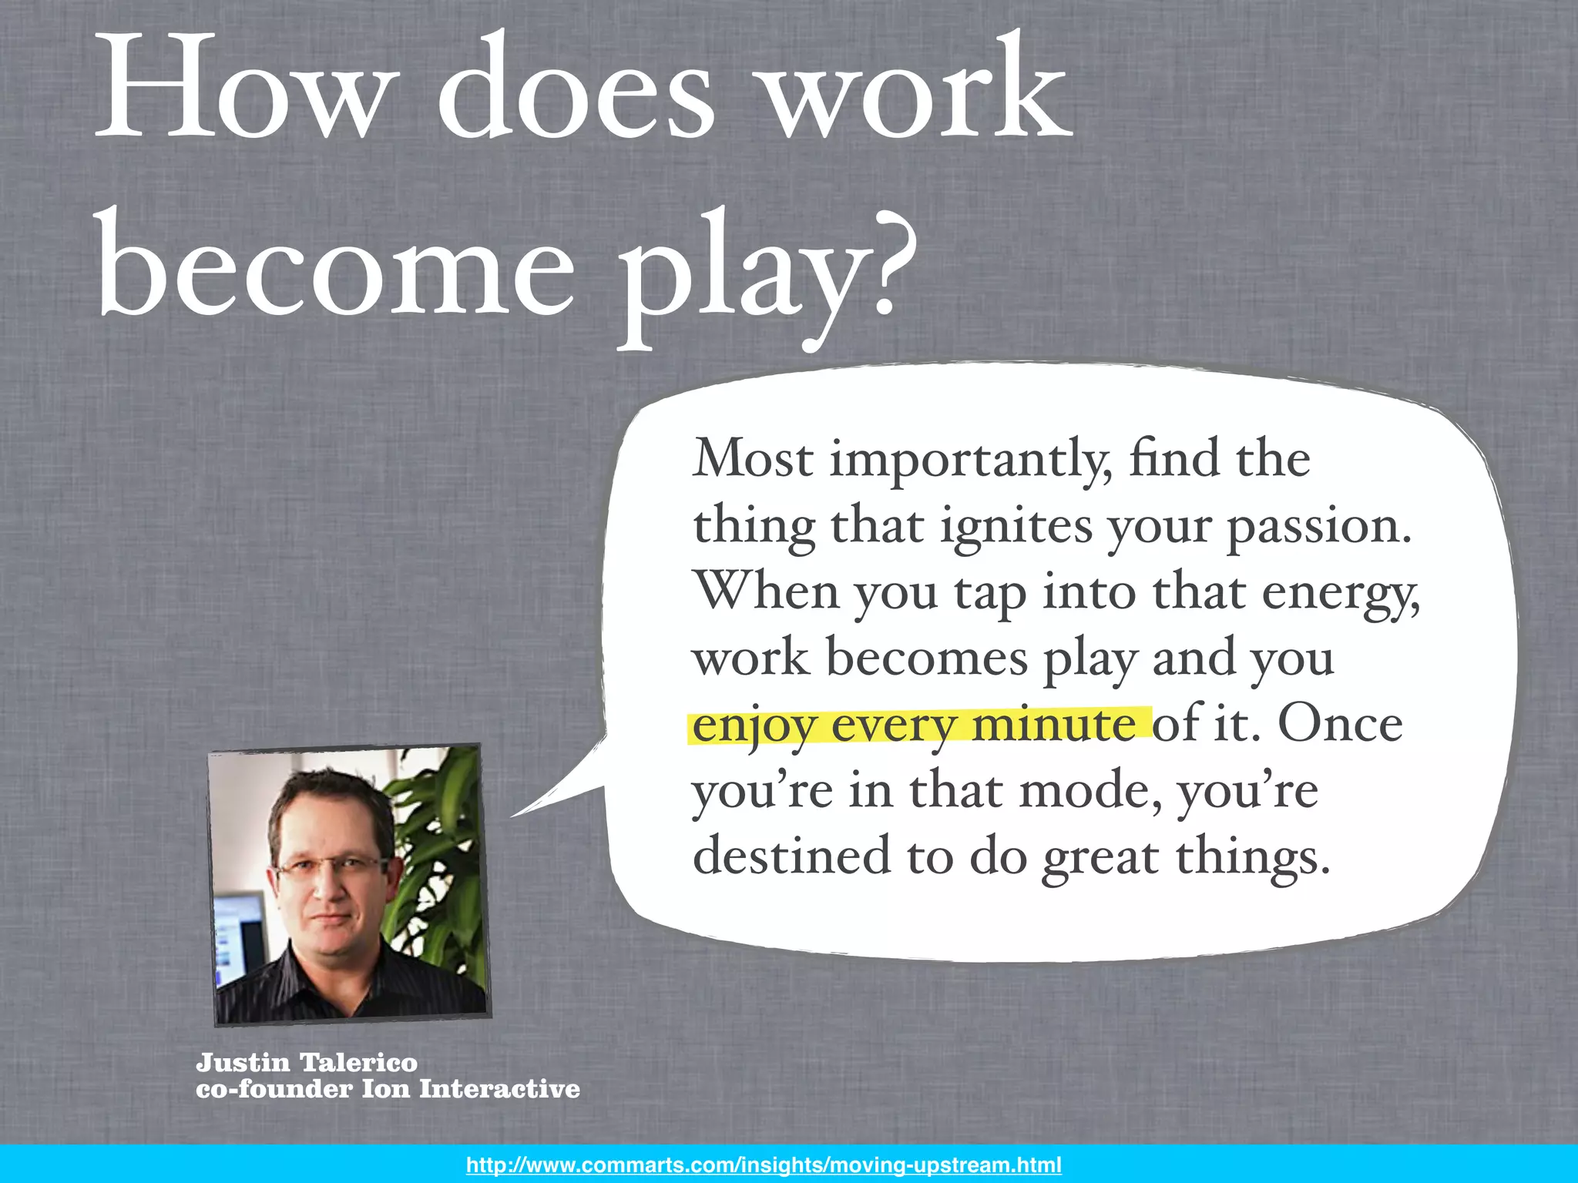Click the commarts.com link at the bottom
764,1165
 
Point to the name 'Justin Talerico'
307,1063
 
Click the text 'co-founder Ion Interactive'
388,1089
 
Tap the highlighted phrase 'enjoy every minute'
914,726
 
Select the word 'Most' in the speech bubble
753,460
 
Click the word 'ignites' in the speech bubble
1017,528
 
